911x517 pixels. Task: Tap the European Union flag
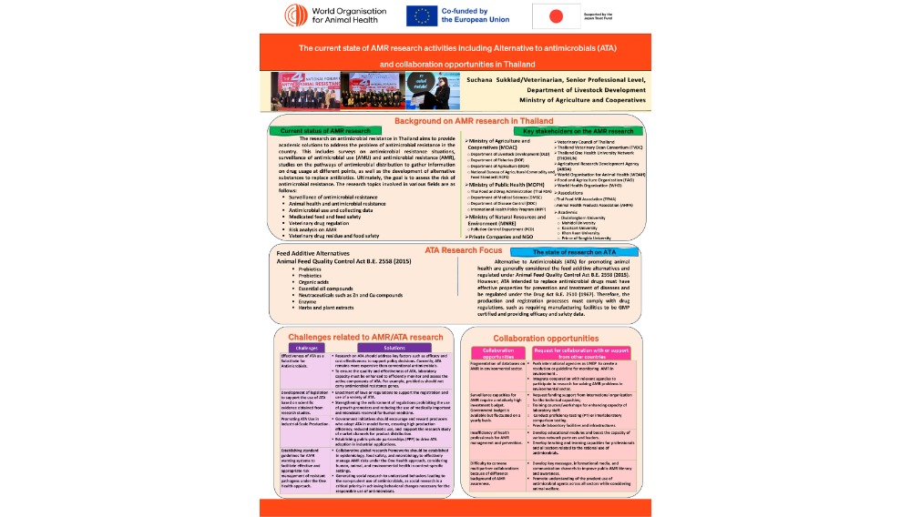(x=423, y=15)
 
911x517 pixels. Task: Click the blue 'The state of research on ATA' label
(x=562, y=251)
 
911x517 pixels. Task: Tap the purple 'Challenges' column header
(x=306, y=348)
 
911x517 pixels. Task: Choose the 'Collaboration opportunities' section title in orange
(x=545, y=337)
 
